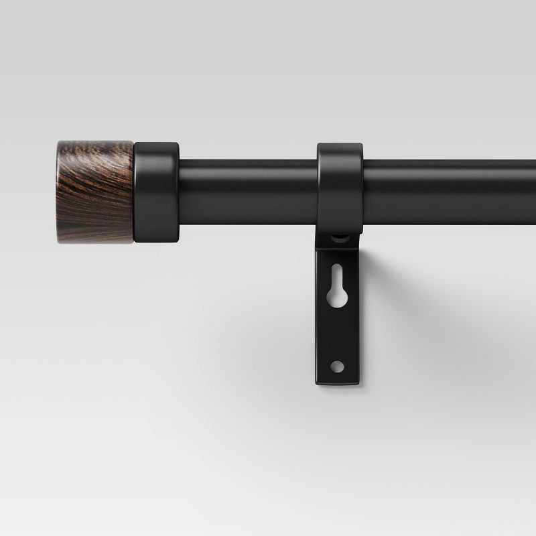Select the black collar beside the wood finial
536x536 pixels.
point(157,191)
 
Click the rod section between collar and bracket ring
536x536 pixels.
point(248,191)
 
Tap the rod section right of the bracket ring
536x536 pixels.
point(449,191)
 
